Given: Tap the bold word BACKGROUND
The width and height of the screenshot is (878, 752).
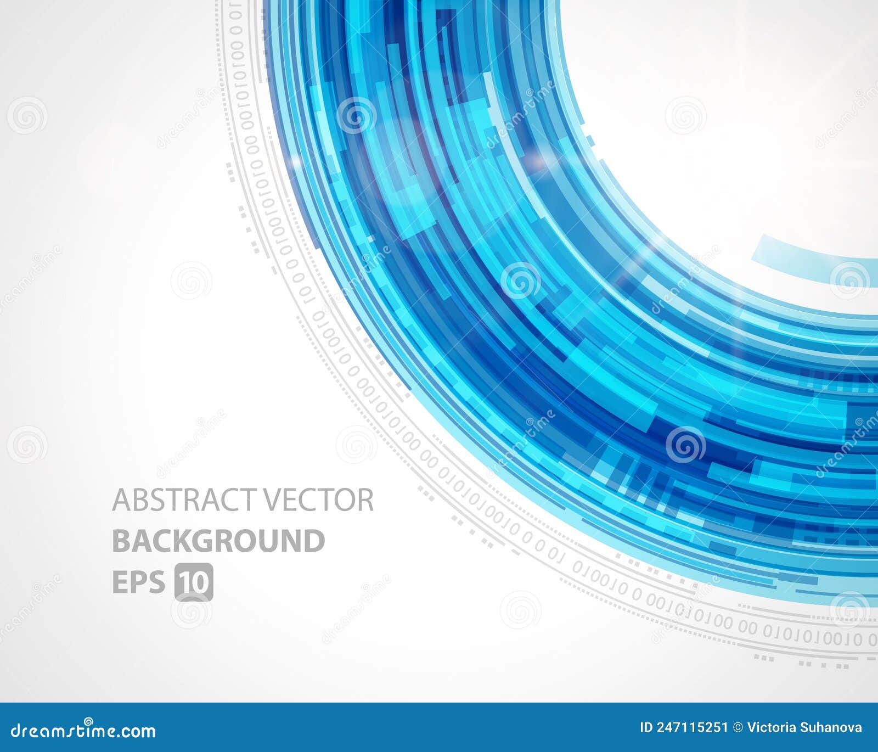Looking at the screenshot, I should [218, 541].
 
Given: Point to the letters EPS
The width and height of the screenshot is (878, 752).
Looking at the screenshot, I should [138, 582].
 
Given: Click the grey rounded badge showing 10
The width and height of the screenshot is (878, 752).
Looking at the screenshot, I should [194, 582].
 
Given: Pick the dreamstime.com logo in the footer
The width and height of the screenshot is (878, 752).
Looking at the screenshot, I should [83, 730].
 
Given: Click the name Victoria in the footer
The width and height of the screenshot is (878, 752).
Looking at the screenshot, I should [772, 728].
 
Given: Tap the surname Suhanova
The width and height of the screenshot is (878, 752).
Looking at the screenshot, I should [831, 728].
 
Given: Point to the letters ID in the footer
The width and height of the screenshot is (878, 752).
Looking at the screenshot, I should [646, 728].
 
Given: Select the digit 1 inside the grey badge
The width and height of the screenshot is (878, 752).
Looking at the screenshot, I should [185, 582].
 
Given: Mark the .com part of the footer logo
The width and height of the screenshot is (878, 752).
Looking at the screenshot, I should [137, 731].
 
